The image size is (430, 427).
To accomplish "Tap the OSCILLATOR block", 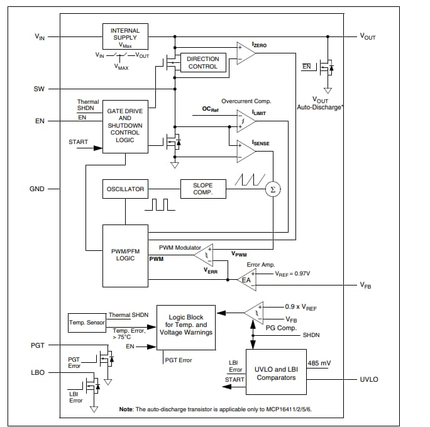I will click(124, 189).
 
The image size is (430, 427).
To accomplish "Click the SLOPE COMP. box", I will click(203, 189).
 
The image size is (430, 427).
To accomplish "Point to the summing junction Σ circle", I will click(272, 189).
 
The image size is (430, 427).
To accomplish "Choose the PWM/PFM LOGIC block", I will click(125, 255).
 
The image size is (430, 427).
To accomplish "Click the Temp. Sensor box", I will click(86, 323).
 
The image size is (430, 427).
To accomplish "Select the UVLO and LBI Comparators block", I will click(275, 374).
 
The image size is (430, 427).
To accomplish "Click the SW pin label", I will click(39, 89).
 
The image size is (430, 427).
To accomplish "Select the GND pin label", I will click(37, 189).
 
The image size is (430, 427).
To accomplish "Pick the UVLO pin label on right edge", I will click(368, 380).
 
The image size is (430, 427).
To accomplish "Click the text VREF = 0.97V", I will click(292, 274).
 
